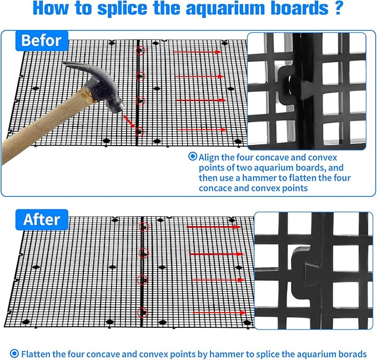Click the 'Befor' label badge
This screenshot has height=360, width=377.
click(x=42, y=41)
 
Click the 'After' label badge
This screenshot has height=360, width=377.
click(x=42, y=219)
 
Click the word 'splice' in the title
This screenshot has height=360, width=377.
click(x=122, y=9)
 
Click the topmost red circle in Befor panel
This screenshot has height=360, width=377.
click(x=140, y=51)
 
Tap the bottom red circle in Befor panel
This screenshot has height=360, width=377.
click(x=139, y=132)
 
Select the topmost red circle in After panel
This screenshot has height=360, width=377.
click(x=144, y=227)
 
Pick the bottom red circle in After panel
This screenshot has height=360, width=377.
click(x=143, y=313)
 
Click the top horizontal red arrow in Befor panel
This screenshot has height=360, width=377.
click(x=197, y=52)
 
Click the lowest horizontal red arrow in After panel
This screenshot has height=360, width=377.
click(x=219, y=313)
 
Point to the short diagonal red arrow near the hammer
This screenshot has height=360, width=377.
click(x=129, y=121)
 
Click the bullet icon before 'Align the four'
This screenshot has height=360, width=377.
click(x=193, y=157)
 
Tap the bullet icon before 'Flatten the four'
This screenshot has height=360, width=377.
click(x=14, y=353)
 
